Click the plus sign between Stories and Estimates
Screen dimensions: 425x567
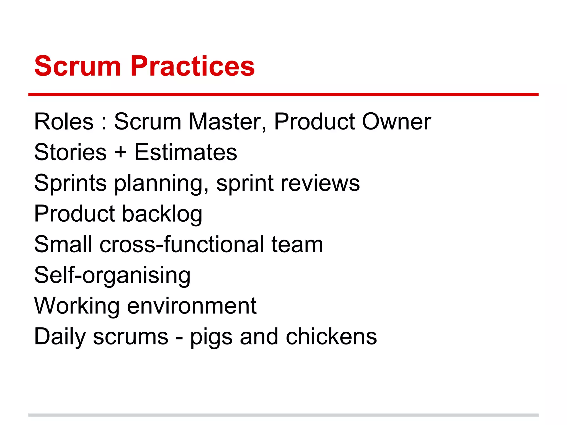coord(120,152)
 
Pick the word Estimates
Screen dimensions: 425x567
coord(186,152)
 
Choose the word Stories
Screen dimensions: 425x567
coord(70,152)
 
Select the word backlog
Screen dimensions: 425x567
coord(162,214)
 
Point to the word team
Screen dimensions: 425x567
coord(297,244)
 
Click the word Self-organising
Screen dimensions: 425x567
coord(112,276)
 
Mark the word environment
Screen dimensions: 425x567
coord(192,306)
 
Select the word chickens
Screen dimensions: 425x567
coord(331,336)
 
